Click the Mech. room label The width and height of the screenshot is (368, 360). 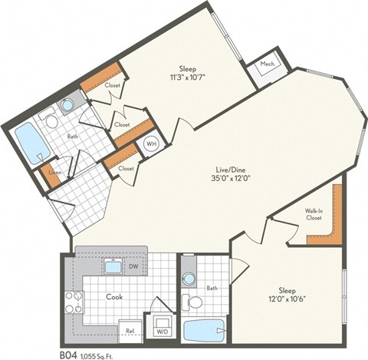coord(268,64)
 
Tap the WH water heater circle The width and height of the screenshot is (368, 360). coord(152,143)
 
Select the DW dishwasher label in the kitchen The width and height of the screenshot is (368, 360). coord(133,268)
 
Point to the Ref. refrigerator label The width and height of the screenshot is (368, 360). coord(130,331)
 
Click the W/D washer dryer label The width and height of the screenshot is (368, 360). coord(163,332)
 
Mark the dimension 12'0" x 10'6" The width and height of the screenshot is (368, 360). coord(287,301)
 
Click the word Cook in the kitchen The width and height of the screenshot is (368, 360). coord(114,296)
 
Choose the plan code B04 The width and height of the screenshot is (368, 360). coord(67,354)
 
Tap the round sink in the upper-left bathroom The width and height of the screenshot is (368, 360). coord(67,105)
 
